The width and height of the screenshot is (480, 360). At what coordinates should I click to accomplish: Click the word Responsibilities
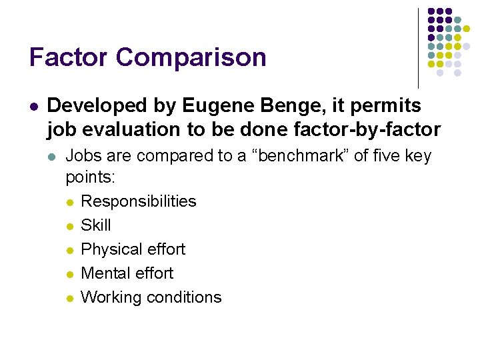pos(138,201)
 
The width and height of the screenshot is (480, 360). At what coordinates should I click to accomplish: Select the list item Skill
pos(95,225)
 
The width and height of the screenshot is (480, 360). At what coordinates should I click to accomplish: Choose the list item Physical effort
pos(133,249)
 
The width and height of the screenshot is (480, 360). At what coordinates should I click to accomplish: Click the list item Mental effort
pos(127,273)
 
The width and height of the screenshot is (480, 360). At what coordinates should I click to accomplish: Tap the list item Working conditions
pos(151,297)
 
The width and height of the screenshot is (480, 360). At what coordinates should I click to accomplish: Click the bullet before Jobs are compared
pos(53,157)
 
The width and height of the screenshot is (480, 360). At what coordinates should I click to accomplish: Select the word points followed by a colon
pos(90,177)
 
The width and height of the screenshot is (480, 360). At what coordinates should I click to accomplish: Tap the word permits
pos(393,106)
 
